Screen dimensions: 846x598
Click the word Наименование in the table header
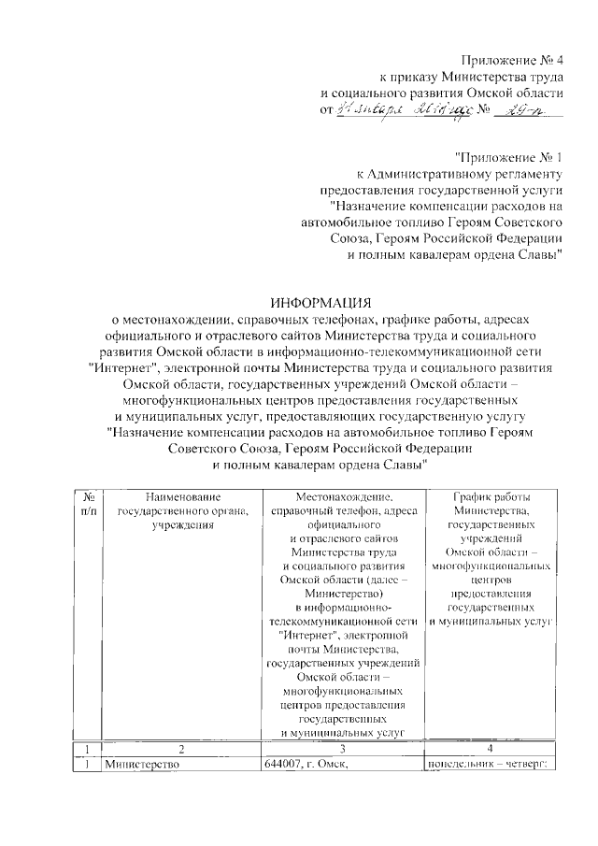pyautogui.click(x=181, y=496)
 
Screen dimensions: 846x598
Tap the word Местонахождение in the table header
pyautogui.click(x=344, y=496)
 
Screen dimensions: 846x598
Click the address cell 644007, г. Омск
pyautogui.click(x=312, y=766)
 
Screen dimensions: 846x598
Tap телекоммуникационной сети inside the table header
pyautogui.click(x=343, y=621)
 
